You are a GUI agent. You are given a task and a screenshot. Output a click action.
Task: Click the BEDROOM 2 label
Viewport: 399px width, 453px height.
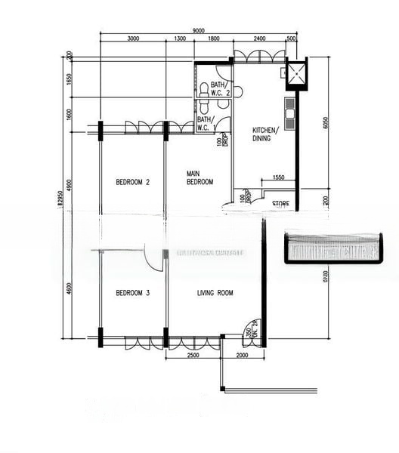click(x=133, y=182)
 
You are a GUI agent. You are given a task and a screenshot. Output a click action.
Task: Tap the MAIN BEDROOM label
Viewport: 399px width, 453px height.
click(x=200, y=178)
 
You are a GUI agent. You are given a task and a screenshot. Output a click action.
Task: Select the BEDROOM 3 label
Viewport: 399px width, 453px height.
click(x=133, y=293)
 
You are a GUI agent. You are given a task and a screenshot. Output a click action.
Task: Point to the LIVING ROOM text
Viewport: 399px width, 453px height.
click(x=215, y=293)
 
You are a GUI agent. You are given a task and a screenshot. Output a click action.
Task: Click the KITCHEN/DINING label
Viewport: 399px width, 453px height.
click(x=264, y=134)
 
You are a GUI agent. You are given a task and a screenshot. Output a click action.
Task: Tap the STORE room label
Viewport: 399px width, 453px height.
click(x=280, y=203)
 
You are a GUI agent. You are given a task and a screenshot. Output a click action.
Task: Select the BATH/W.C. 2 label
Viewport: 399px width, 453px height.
click(x=220, y=88)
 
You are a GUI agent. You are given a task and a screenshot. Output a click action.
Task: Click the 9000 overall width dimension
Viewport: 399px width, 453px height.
click(x=198, y=29)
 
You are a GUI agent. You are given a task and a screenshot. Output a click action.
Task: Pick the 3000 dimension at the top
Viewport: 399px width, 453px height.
click(x=133, y=39)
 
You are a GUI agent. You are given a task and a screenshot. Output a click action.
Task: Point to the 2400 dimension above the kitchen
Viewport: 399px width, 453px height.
click(x=259, y=39)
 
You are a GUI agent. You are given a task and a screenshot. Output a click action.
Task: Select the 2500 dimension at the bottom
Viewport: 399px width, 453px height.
click(x=193, y=355)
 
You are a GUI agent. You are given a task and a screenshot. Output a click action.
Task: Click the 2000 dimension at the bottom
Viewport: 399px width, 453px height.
click(x=242, y=355)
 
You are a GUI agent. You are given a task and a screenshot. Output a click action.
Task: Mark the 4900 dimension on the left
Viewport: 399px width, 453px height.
click(x=67, y=185)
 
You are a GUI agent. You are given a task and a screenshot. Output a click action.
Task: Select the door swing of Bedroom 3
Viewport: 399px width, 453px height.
click(x=155, y=259)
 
